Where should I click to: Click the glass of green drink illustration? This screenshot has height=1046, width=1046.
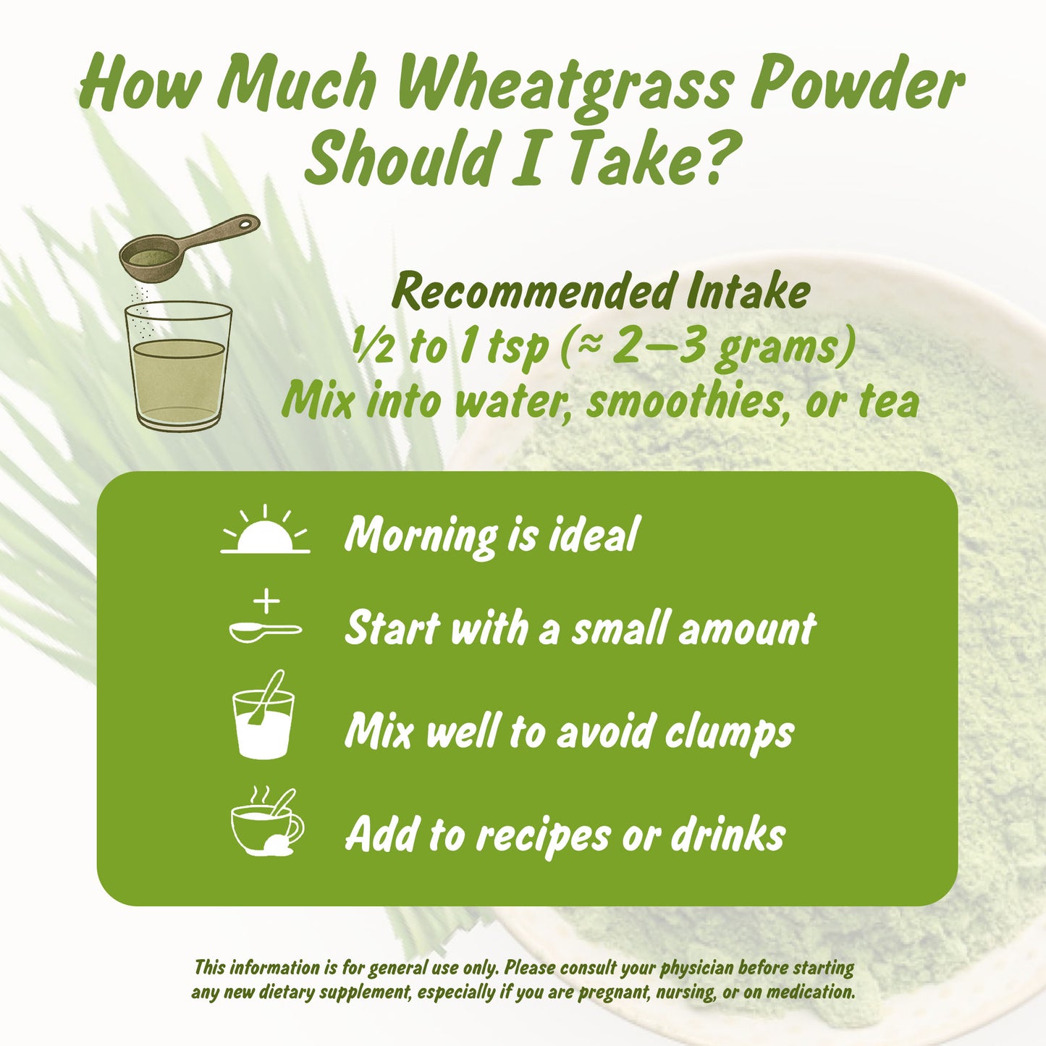click(179, 366)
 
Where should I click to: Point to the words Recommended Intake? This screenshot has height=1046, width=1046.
click(600, 292)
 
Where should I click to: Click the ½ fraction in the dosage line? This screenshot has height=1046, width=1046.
click(374, 347)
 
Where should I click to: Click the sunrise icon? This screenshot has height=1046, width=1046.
click(265, 531)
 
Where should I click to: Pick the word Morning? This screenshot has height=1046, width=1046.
click(421, 536)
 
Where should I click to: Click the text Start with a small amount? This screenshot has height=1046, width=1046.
click(580, 628)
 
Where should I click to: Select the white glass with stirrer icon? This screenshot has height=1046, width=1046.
click(263, 718)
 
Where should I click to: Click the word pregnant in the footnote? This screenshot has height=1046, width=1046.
click(617, 992)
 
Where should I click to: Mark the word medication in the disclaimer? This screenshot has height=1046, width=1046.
click(810, 992)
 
